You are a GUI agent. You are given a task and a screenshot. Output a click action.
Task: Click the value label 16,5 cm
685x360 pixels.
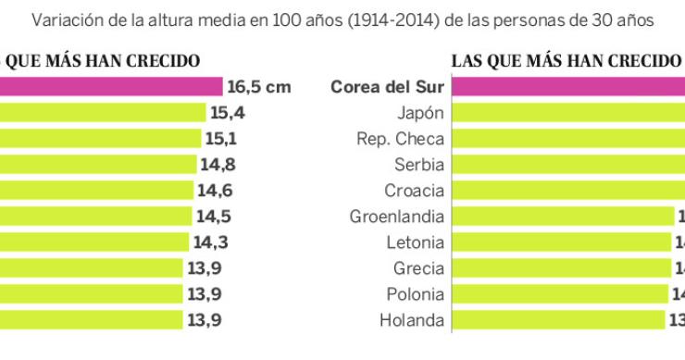[x=259, y=88]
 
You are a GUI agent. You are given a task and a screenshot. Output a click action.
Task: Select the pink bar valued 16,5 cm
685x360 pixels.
[x=110, y=88]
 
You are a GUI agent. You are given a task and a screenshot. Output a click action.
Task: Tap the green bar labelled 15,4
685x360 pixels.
[x=102, y=113]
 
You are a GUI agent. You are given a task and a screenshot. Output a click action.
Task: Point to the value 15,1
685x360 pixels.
[x=222, y=139]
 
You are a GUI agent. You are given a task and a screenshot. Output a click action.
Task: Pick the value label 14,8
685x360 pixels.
[x=219, y=165]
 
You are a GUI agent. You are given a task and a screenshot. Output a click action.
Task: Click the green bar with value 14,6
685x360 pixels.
[x=96, y=191]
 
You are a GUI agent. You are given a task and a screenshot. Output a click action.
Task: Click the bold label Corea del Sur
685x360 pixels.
[x=388, y=88]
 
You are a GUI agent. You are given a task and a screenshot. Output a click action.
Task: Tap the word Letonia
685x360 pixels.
[x=416, y=242]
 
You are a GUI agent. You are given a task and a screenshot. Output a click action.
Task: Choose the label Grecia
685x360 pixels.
[x=419, y=268]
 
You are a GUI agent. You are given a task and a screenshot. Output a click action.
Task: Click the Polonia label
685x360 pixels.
[x=416, y=294]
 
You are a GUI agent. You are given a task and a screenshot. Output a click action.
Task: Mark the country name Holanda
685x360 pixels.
[x=413, y=320]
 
